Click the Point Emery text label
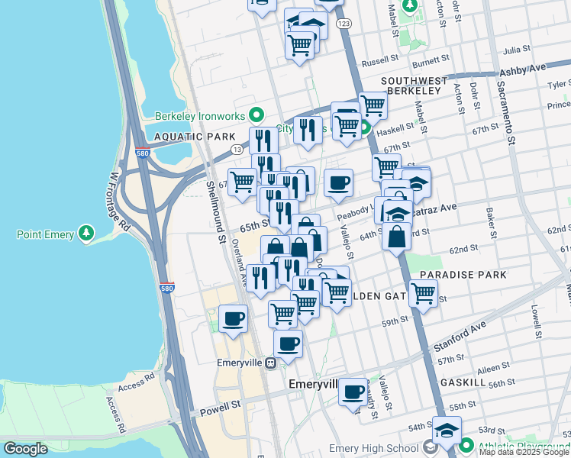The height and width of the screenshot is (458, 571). point(45,234)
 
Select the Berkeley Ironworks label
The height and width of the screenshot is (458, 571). point(199,116)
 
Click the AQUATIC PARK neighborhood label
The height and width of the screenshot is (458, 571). point(185,137)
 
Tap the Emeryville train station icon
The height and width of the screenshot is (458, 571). point(269,363)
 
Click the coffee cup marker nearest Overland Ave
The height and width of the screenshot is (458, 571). point(233,318)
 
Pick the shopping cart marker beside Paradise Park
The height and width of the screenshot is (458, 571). point(422,293)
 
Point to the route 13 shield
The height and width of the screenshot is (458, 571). point(237,149)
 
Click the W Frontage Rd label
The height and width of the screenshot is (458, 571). point(121,200)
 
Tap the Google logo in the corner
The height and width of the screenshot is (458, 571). point(26,449)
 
